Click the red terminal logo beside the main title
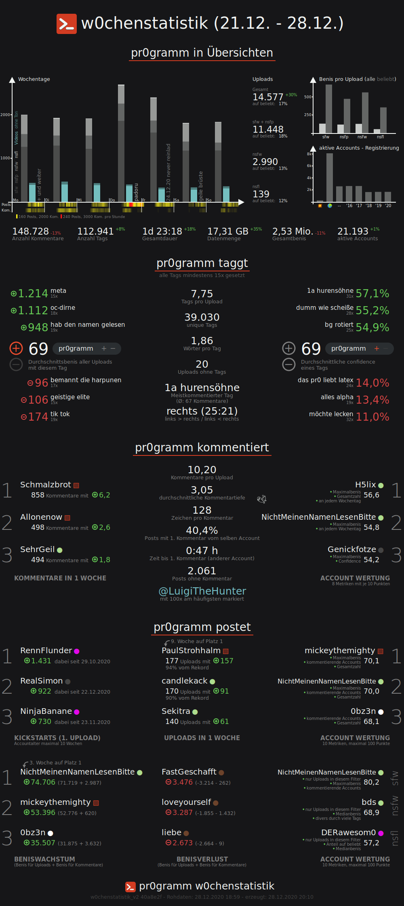point(66,24)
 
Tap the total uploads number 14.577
point(268,97)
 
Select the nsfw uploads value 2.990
point(265,162)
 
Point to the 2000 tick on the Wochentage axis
point(6,115)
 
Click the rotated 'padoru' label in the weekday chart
point(136,192)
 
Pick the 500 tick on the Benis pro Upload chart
point(308,97)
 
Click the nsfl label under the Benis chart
point(380,137)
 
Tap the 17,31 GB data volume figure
point(227,231)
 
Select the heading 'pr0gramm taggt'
point(202,263)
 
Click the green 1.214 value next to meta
point(33,294)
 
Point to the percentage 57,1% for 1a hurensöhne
point(372,294)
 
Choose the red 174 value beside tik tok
point(38,417)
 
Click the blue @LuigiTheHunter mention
point(202,591)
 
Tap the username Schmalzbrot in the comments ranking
point(45,485)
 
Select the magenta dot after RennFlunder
point(77,651)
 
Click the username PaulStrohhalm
point(191,650)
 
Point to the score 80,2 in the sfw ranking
point(371,782)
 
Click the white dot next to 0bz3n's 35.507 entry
point(50,833)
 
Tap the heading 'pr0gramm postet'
point(202,627)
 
